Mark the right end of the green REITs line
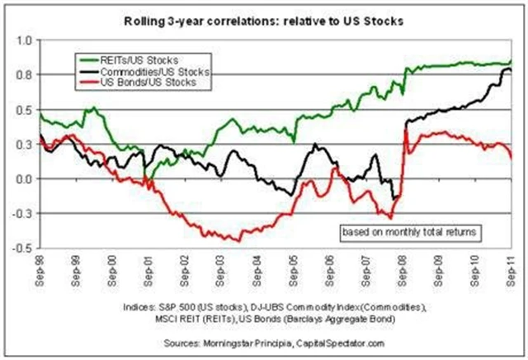(511, 62)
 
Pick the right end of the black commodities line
(511, 73)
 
